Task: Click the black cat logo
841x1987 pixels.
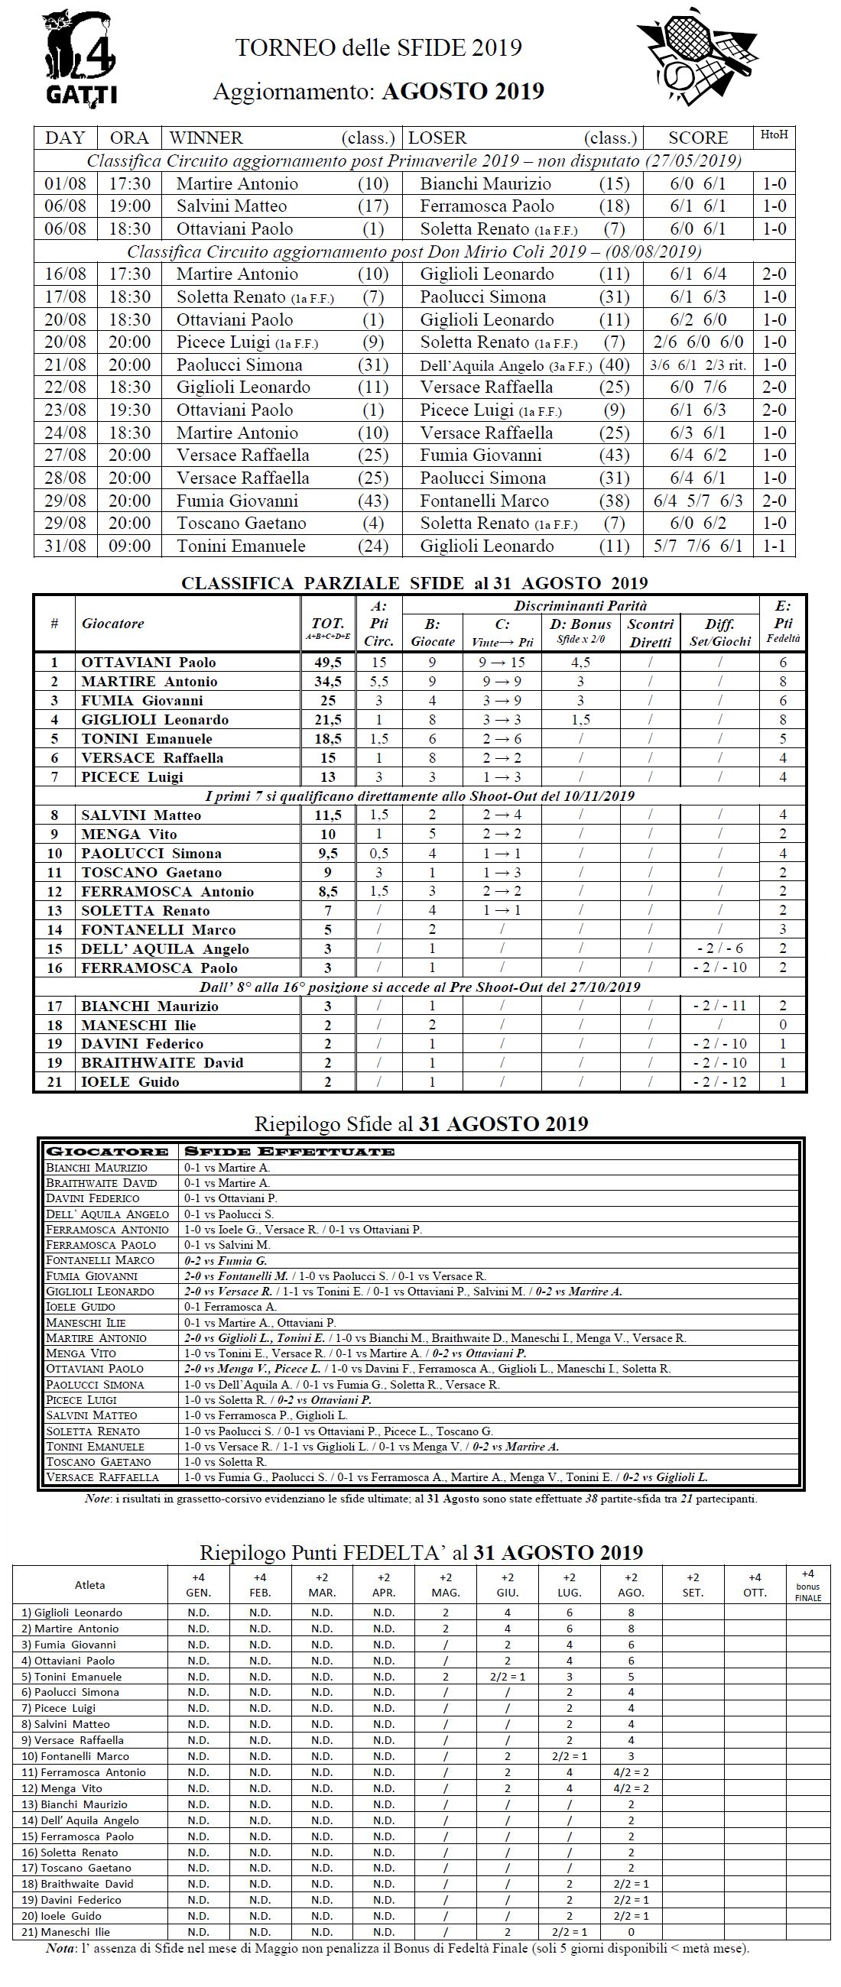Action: [x=79, y=57]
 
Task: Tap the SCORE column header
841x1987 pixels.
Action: [x=697, y=138]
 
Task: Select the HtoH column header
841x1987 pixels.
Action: [x=774, y=135]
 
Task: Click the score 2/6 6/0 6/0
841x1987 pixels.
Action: [x=697, y=342]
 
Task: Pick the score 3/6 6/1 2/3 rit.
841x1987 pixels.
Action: [x=697, y=365]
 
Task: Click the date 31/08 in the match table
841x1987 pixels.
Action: [x=66, y=546]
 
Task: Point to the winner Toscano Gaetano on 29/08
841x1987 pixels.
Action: [x=241, y=523]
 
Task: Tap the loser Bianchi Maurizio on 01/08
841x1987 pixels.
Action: [x=485, y=183]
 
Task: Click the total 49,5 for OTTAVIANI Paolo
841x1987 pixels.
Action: [x=328, y=663]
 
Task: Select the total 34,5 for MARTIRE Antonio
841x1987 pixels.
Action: [x=328, y=682]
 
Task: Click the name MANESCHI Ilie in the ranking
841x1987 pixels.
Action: [x=139, y=1025]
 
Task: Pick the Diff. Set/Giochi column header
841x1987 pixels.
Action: [x=719, y=633]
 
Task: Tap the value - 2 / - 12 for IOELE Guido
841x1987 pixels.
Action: [x=719, y=1082]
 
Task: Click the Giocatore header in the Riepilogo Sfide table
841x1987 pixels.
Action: [x=107, y=1152]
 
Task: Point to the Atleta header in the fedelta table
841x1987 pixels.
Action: [x=89, y=1585]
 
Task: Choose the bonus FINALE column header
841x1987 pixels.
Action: [x=807, y=1585]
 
